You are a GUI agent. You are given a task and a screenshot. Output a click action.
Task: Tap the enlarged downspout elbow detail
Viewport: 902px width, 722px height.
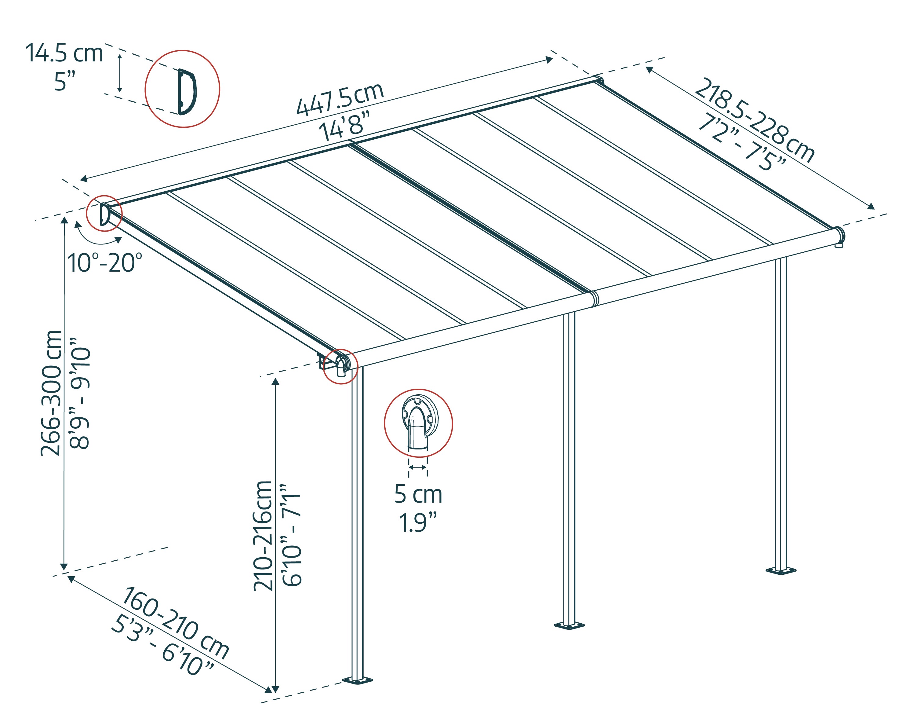click(418, 423)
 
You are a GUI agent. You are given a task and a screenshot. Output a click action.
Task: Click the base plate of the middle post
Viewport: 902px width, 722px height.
click(569, 625)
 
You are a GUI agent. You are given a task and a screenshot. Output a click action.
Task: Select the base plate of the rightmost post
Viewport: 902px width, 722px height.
click(781, 570)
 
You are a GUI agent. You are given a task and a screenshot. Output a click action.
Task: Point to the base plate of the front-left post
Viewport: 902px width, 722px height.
click(357, 680)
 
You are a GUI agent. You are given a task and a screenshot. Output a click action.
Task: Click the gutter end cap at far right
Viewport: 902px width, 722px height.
click(839, 236)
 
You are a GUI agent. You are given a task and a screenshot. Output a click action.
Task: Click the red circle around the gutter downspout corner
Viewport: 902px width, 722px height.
click(340, 366)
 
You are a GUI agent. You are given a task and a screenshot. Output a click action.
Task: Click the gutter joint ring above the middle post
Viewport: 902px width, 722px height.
click(594, 298)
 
